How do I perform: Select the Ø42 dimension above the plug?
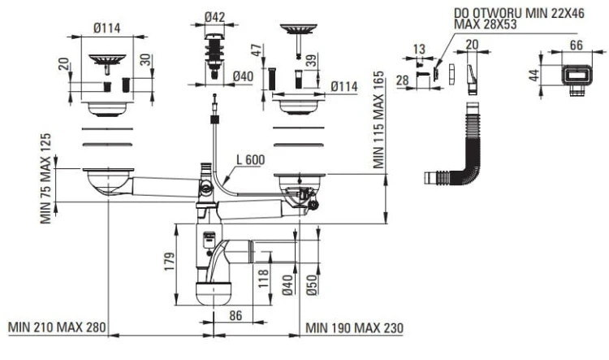tap(215, 17)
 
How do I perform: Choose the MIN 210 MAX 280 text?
tap(57, 327)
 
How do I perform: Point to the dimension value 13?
tap(418, 49)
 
